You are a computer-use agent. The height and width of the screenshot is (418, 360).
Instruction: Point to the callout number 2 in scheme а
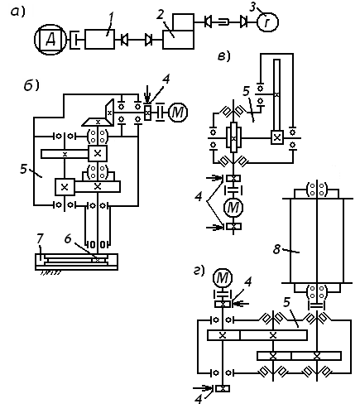(x=160, y=15)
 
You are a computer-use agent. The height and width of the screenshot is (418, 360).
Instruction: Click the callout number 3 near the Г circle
(x=252, y=7)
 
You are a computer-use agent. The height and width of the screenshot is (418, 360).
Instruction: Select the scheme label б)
(x=31, y=85)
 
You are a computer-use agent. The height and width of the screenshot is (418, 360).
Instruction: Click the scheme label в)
(x=224, y=56)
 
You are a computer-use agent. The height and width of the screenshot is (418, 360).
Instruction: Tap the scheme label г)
(x=199, y=271)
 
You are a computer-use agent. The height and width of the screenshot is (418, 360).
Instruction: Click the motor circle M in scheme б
(x=178, y=113)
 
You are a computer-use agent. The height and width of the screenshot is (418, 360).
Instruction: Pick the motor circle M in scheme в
(x=233, y=208)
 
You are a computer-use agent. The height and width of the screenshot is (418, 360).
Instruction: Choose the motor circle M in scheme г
(x=223, y=278)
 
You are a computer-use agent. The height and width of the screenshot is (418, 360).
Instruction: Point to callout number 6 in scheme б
(x=68, y=239)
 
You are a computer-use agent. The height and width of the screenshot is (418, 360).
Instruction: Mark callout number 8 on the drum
(x=276, y=249)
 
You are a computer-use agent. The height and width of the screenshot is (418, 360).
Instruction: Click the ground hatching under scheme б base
(x=50, y=272)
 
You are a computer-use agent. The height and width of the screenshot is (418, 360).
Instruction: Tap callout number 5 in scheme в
(x=247, y=91)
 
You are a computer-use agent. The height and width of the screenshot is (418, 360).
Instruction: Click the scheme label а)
(x=18, y=12)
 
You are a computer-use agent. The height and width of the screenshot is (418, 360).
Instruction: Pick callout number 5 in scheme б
(x=24, y=169)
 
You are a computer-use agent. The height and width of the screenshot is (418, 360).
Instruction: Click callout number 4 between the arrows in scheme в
(x=199, y=197)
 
